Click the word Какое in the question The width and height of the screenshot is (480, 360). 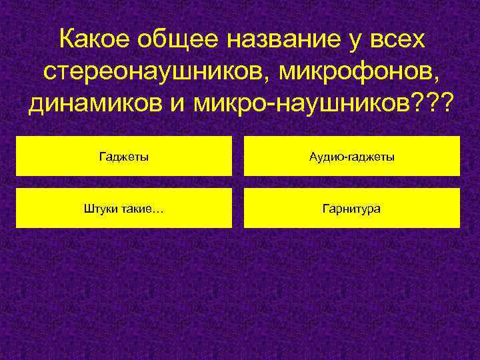(94, 41)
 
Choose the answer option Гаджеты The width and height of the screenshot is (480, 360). (124, 157)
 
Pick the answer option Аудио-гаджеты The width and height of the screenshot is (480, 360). (352, 157)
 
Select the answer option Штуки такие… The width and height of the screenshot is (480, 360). (124, 209)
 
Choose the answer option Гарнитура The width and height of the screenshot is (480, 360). (352, 209)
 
